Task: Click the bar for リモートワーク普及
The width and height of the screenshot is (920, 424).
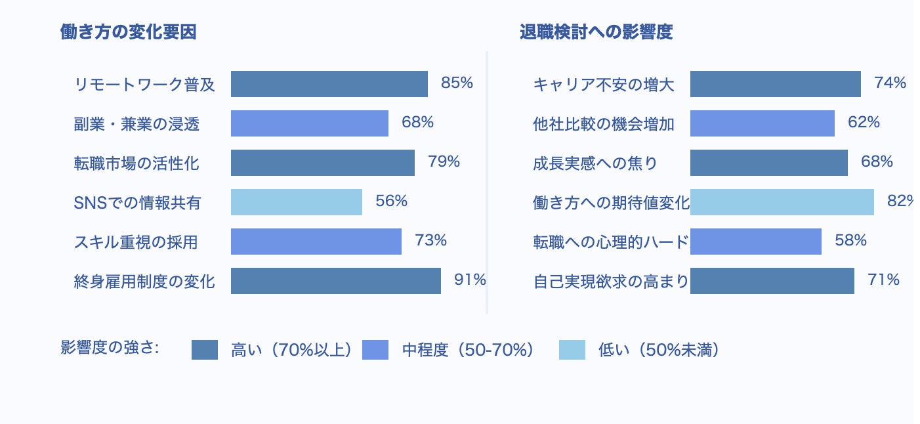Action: (329, 84)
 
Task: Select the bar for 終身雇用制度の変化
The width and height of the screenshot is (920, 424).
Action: (335, 281)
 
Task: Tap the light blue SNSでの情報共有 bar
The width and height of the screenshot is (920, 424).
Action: (296, 202)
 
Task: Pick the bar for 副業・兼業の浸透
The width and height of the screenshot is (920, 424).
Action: (309, 123)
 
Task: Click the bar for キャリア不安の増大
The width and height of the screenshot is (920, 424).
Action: (775, 84)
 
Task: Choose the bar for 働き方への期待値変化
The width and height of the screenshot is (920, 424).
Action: (782, 202)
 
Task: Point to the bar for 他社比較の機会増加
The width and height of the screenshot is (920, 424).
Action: (762, 123)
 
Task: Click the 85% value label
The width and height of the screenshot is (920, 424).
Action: (457, 83)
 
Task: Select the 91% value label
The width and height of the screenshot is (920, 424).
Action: (470, 280)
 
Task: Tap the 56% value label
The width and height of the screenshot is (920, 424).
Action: (391, 201)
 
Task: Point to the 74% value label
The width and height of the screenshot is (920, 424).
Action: (890, 83)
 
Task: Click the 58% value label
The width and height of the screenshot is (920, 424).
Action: (850, 241)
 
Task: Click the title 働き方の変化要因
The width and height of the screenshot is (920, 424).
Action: (128, 32)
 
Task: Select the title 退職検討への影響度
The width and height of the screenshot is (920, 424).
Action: (596, 32)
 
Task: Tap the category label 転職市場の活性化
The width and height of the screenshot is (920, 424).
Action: (136, 163)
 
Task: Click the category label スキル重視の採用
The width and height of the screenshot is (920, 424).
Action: (136, 242)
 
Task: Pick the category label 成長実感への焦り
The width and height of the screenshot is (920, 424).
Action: (595, 163)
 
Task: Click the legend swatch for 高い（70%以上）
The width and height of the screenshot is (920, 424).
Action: (204, 350)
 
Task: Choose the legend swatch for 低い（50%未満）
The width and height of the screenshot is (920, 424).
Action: (572, 350)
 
